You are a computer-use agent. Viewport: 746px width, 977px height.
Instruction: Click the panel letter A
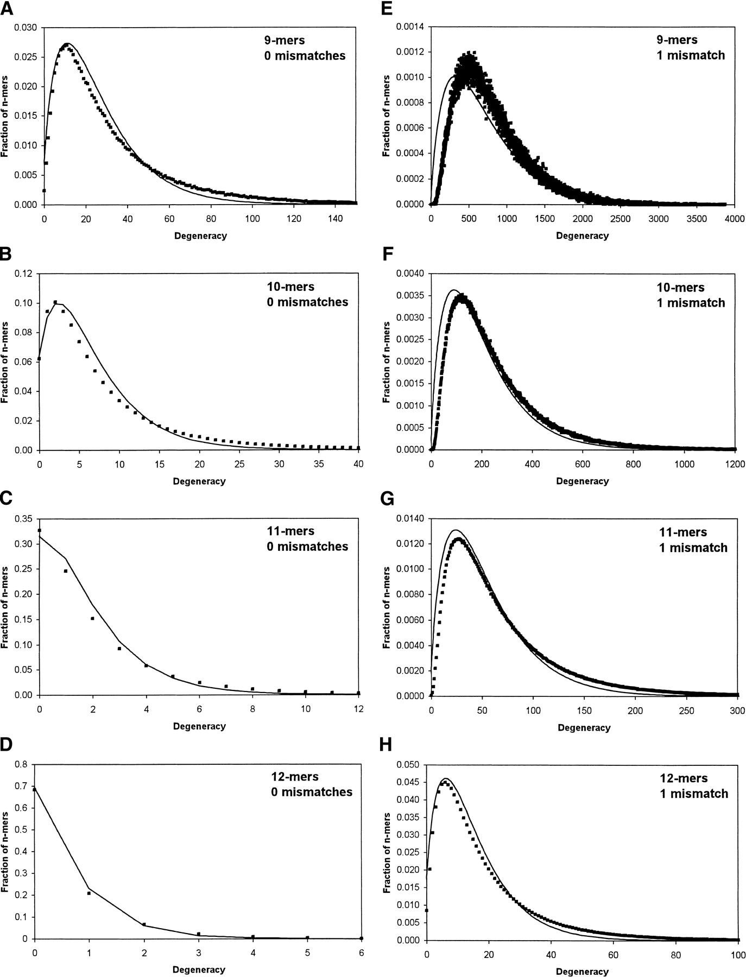[7, 10]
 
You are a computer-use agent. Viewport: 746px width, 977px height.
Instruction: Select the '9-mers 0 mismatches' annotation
[301, 48]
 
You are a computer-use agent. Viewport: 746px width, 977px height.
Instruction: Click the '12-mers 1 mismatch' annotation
[691, 786]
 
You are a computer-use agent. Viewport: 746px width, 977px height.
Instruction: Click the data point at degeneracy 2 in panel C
[92, 618]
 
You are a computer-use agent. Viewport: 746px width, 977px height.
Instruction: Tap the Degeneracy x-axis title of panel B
[199, 481]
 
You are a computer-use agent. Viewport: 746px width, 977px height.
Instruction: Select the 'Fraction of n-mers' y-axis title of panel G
[386, 608]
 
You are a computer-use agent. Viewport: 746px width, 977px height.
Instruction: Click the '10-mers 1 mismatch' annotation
[691, 295]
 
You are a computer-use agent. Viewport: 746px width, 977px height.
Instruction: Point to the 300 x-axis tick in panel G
[737, 710]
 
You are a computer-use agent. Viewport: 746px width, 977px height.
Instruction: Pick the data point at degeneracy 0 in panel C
[39, 530]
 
